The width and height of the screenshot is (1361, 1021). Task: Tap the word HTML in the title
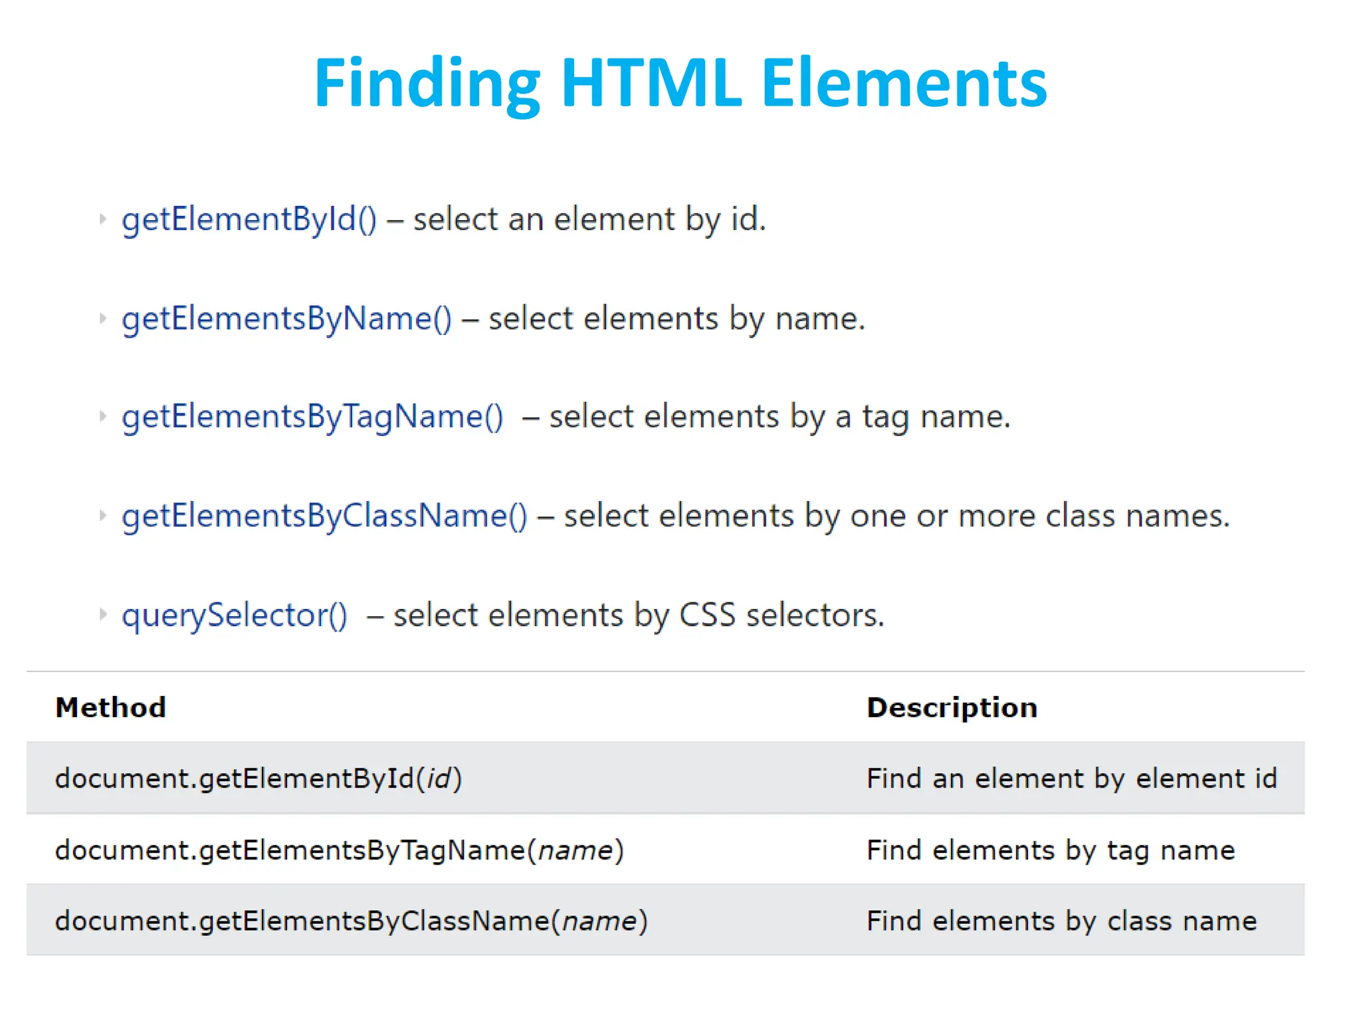[x=651, y=83]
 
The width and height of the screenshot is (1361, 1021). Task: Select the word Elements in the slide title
[x=904, y=83]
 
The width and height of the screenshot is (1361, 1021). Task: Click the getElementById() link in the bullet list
[x=249, y=219]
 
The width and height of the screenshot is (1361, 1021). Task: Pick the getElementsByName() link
[x=286, y=318]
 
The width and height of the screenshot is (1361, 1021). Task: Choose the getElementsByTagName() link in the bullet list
[x=312, y=417]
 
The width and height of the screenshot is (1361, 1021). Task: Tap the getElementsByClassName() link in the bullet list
[x=324, y=516]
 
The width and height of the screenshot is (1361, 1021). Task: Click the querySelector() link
[x=234, y=615]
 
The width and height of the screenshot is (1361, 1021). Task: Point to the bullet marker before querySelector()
[x=102, y=614]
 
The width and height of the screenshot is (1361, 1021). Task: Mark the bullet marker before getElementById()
[x=102, y=219]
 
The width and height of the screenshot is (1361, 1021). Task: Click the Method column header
[x=110, y=707]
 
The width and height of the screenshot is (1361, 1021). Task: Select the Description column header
[x=952, y=707]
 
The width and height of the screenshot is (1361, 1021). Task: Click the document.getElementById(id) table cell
[x=258, y=778]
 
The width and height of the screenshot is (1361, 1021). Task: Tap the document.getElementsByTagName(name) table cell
[x=339, y=850]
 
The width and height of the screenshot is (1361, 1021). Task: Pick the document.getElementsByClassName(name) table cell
[x=351, y=921]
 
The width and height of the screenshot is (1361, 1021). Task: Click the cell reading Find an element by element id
[x=1071, y=778]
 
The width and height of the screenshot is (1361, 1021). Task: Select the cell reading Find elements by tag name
[x=1050, y=850]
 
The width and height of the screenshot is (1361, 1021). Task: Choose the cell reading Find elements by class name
[x=1061, y=921]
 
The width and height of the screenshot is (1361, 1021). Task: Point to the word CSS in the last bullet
[x=707, y=615]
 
